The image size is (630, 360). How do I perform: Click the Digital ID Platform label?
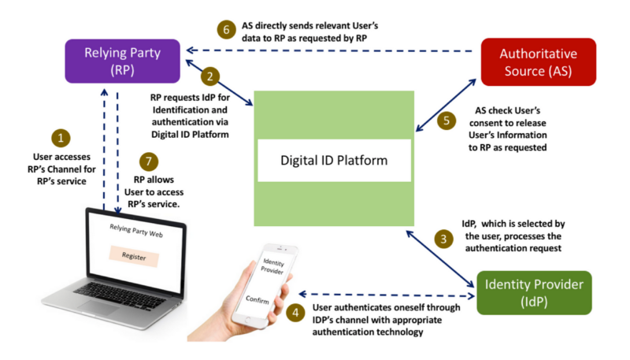click(334, 160)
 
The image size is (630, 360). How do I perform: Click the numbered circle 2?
click(209, 76)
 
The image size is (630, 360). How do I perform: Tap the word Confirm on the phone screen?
click(258, 300)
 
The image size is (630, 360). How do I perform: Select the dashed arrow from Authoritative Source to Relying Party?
click(331, 51)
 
